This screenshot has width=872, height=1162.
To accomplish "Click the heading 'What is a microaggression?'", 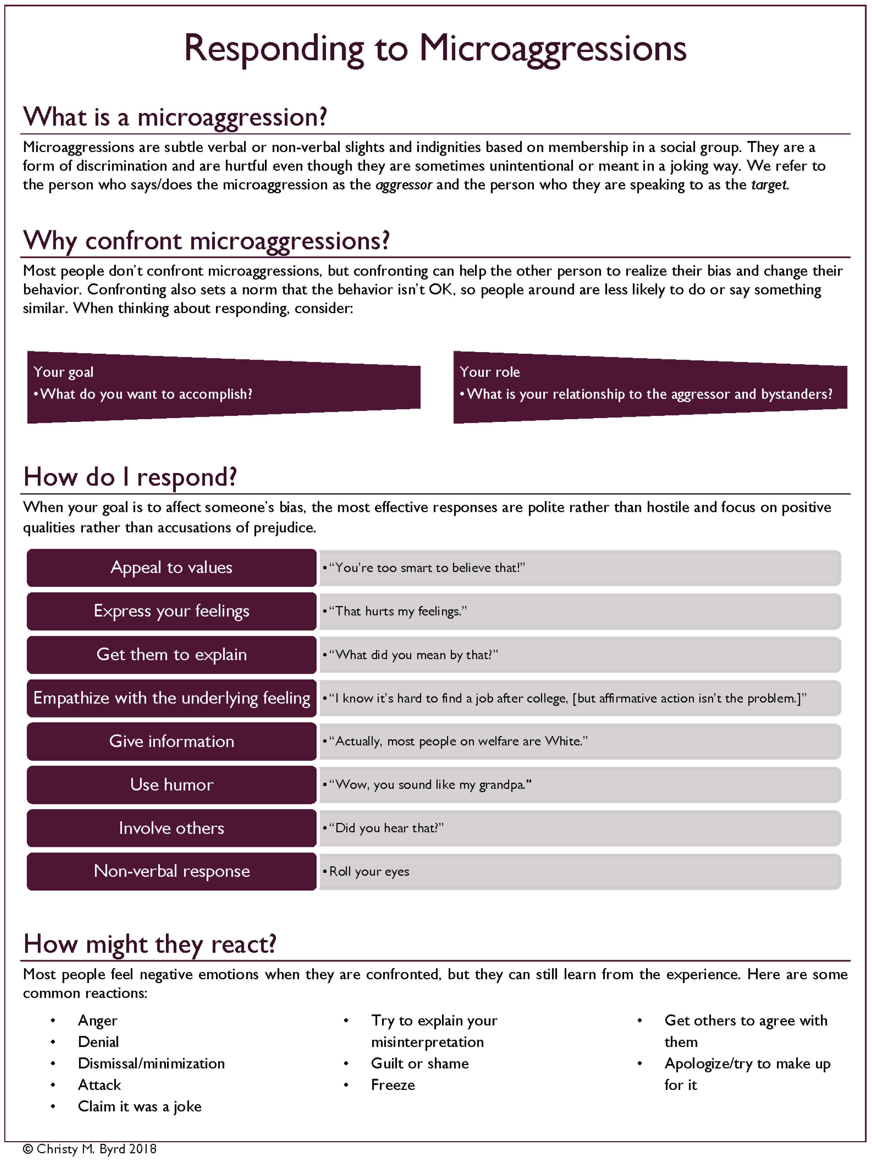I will coord(175,117).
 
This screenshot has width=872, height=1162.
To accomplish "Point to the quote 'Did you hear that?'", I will coord(387,828).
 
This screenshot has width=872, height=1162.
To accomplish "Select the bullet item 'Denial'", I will coord(98,1042).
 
